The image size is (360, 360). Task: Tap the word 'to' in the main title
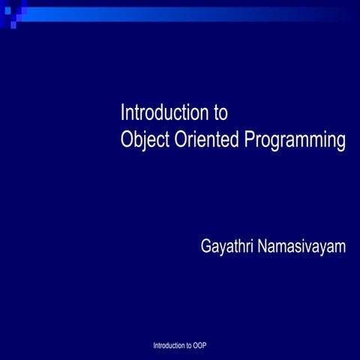coord(220,114)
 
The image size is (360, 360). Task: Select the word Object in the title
coord(143,140)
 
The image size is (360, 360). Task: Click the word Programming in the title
coord(295,141)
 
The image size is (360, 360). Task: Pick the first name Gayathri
coord(226,247)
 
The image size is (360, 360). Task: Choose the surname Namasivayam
coord(301,247)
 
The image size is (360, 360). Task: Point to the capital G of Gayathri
coord(206,246)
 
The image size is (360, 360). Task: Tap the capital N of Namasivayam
coord(262,246)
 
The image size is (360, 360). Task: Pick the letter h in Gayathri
coord(239,246)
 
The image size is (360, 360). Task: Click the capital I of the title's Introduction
coord(122,113)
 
